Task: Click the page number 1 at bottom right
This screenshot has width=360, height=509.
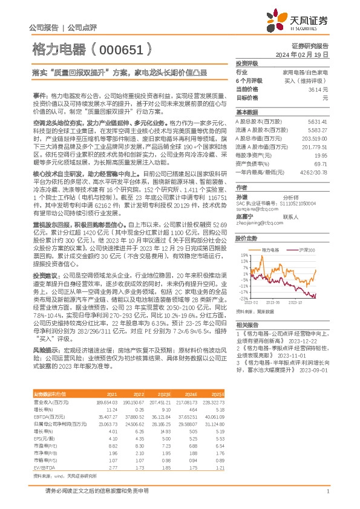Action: [327, 491]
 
